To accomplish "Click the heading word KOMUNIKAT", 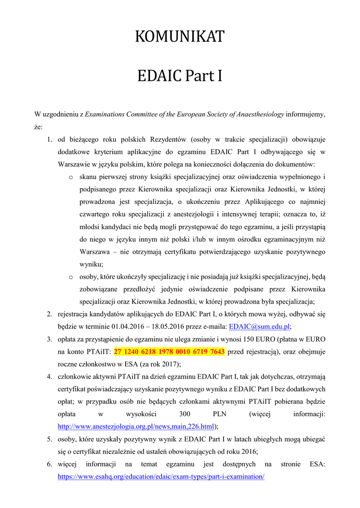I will coord(180,37).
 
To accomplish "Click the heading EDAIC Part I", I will coord(180,77).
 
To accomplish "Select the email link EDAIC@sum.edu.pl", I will coord(259,326).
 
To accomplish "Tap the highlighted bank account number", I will coord(169,352).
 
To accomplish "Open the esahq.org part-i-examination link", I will coord(161,476).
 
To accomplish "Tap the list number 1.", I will coord(50,139).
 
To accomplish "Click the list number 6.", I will coord(50,464).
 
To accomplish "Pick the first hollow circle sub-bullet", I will coord(71,177).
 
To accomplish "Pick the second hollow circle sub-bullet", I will coord(71,277).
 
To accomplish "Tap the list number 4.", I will coord(50,377).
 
